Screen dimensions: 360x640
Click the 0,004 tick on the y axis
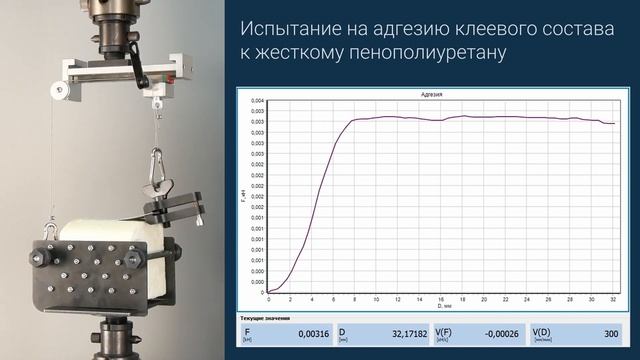tap(257, 101)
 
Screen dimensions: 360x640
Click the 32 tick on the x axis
tap(611, 300)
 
